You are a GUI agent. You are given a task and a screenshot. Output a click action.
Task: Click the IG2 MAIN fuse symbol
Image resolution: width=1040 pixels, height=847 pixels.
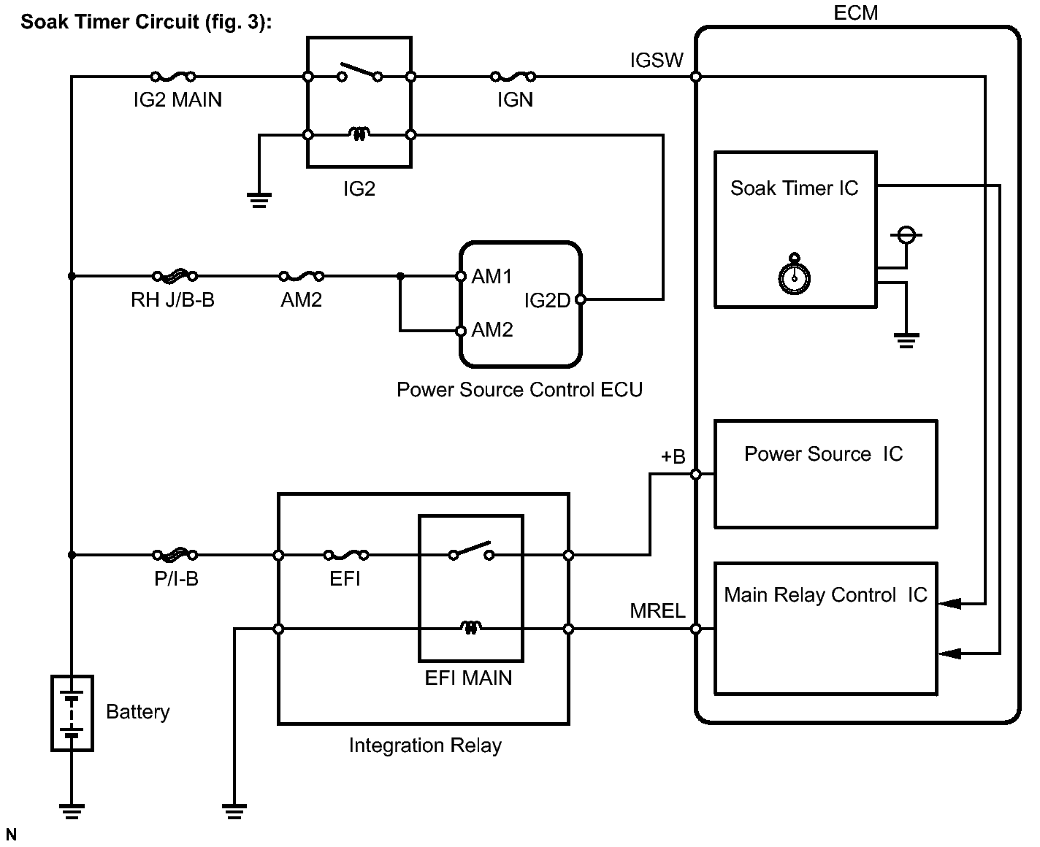(173, 76)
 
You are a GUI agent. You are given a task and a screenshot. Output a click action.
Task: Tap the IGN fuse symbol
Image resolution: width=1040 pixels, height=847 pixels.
(513, 76)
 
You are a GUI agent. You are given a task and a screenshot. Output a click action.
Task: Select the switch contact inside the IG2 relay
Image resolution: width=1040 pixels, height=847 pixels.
(360, 72)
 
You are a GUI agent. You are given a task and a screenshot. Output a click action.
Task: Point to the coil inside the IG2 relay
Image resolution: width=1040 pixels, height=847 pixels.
(359, 134)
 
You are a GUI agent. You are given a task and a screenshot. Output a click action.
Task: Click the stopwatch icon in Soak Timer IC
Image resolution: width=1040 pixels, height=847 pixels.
(794, 274)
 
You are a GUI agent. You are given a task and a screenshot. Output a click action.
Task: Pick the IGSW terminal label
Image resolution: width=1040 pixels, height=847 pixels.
(657, 60)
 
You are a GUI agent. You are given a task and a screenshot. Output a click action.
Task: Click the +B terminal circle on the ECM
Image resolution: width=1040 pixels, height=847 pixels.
(696, 474)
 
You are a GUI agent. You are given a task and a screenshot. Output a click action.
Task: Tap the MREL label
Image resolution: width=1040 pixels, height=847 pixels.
(657, 610)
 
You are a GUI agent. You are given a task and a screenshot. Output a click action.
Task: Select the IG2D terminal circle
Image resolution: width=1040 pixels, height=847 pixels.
(580, 299)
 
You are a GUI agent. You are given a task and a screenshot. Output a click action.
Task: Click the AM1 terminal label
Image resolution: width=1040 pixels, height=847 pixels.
(492, 277)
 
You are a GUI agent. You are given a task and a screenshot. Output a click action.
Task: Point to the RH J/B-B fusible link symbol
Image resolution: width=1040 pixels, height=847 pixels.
(175, 276)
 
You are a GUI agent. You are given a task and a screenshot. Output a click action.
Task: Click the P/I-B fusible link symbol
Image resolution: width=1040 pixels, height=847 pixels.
(175, 554)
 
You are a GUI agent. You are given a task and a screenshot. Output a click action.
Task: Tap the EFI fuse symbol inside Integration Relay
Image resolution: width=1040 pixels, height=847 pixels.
(346, 555)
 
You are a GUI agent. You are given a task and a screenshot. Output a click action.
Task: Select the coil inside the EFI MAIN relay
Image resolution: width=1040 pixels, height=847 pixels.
(470, 627)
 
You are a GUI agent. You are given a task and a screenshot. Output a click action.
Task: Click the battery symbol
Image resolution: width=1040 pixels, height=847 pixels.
(72, 713)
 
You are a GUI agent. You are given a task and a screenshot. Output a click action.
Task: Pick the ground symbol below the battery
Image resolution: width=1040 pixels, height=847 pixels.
(72, 811)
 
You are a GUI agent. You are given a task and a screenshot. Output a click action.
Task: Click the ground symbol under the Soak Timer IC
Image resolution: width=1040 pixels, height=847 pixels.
(906, 340)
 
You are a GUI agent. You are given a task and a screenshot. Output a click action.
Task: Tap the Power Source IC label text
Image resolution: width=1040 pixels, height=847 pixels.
(823, 454)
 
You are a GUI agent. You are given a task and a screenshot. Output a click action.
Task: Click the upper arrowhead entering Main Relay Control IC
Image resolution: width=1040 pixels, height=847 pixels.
(949, 604)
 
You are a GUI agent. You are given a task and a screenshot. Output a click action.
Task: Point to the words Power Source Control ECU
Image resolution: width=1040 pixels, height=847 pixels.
(519, 390)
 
